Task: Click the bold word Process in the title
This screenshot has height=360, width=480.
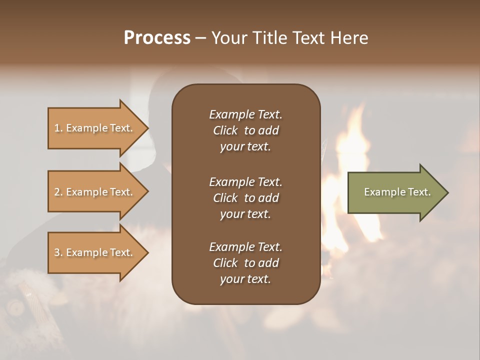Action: [x=157, y=38]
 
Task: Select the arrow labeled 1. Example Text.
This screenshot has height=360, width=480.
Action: [x=95, y=128]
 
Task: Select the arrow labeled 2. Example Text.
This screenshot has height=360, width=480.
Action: [x=95, y=192]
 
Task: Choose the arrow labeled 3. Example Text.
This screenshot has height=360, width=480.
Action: [x=95, y=252]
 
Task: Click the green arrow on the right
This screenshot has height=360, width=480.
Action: [x=395, y=192]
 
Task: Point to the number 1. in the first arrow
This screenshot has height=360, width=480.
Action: [x=58, y=128]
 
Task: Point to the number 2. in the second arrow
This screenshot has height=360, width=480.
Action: [x=58, y=192]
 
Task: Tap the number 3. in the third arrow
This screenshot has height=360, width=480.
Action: [x=58, y=252]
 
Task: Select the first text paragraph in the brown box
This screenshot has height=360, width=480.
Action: [x=245, y=130]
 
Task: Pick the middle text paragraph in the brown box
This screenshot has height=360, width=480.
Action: [x=245, y=198]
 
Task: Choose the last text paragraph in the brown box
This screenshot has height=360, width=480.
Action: [x=245, y=263]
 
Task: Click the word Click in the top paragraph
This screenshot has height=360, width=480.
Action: [x=225, y=130]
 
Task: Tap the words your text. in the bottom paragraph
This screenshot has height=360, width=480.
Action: [x=245, y=279]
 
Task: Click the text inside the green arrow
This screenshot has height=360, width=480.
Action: [x=397, y=192]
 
